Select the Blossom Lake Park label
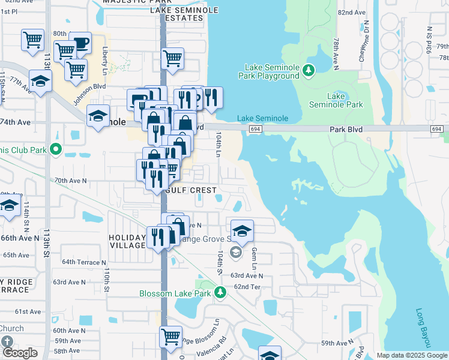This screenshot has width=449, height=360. [x=175, y=293]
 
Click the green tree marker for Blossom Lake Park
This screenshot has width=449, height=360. [x=220, y=293]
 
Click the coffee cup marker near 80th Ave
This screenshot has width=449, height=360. [x=80, y=43]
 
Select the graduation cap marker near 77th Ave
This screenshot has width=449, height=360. [x=40, y=82]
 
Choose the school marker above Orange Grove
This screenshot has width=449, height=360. [x=241, y=230]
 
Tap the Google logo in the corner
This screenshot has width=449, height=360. [x=20, y=353]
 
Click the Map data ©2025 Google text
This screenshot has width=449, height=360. [x=412, y=355]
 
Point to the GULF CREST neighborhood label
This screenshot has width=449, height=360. [x=191, y=190]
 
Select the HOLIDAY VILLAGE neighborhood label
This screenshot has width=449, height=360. [x=127, y=241]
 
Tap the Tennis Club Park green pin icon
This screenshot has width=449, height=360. [x=56, y=149]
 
